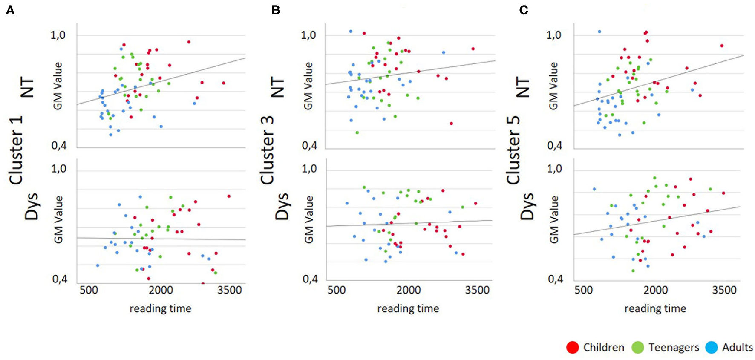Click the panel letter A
coord(10,10)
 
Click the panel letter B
coord(276,10)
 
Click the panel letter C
coord(524,10)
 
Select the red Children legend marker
coord(573,347)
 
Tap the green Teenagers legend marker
coord(638,347)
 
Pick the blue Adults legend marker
coord(712,347)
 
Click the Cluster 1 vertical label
coord(16,150)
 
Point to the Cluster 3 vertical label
coord(267,150)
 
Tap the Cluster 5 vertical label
coord(513,150)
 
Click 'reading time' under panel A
coord(160,308)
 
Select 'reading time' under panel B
coord(408,308)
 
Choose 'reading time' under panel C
coord(655,308)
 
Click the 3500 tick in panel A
coord(229,291)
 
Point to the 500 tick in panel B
coord(337,291)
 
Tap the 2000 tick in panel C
coord(655,291)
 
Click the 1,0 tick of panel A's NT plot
coord(58,35)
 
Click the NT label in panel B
coord(278,87)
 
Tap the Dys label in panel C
coord(527,207)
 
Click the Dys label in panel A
coord(32,207)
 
